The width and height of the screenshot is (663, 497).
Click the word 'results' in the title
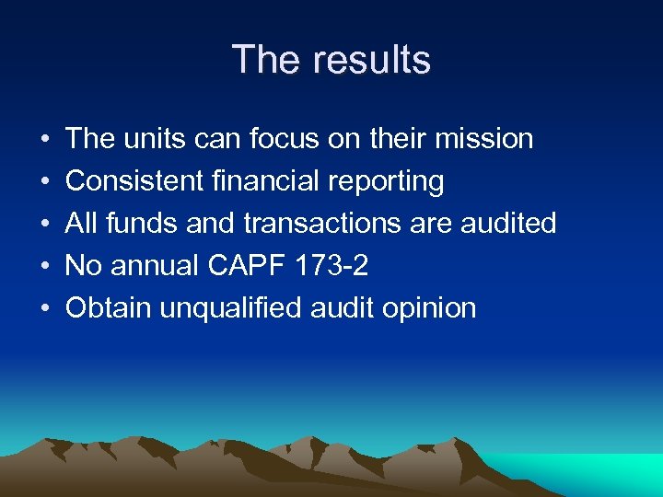coord(371,60)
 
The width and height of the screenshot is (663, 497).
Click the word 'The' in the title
coord(267,60)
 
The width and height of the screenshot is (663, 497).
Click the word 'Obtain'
coord(109,308)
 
